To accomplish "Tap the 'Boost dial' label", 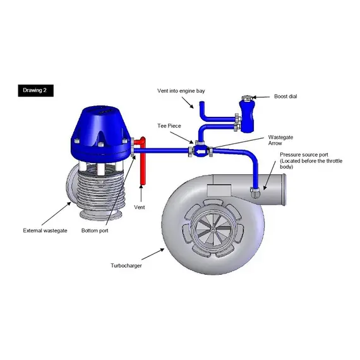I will pos(285,97).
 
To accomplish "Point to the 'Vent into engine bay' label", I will pos(181,91).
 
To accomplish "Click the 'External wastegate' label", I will pos(44,231).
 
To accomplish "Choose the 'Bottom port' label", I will pos(95,231).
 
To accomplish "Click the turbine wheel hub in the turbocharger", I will pos(207,225).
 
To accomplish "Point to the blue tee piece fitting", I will pos(198,151).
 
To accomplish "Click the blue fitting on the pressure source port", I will pos(255,191).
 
